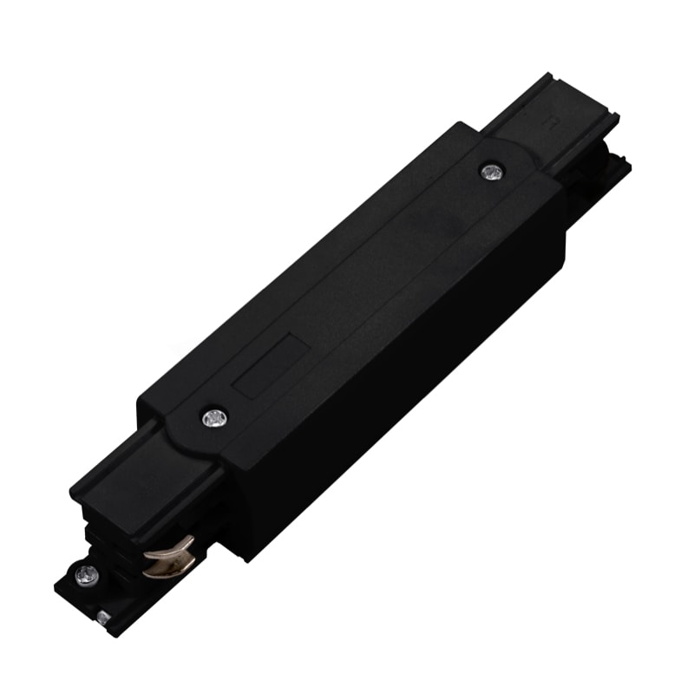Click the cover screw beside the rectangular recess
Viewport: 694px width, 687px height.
tap(213, 418)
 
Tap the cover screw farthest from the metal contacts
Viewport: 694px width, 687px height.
tap(493, 172)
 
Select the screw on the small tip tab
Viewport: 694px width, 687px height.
tap(86, 573)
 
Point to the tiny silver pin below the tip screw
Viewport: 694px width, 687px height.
tap(103, 617)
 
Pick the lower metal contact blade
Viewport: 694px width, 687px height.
tap(167, 568)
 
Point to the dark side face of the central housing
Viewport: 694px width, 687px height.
tap(408, 364)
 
